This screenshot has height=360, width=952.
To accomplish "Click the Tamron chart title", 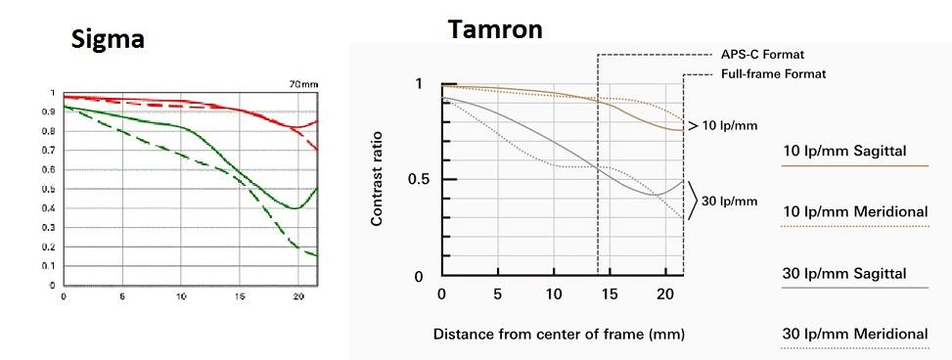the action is [495, 28].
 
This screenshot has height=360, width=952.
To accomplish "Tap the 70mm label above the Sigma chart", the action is [304, 84].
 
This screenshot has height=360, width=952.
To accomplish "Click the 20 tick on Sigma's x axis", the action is [298, 296].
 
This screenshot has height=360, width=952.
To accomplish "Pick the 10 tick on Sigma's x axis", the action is [181, 296].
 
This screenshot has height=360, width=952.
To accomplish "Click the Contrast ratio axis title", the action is [376, 178].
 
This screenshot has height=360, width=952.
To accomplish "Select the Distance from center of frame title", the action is [559, 334].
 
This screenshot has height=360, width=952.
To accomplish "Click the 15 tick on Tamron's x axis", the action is [609, 294].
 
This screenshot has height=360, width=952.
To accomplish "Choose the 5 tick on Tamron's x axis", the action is [498, 294].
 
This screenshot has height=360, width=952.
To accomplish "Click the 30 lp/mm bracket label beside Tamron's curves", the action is [729, 201].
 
